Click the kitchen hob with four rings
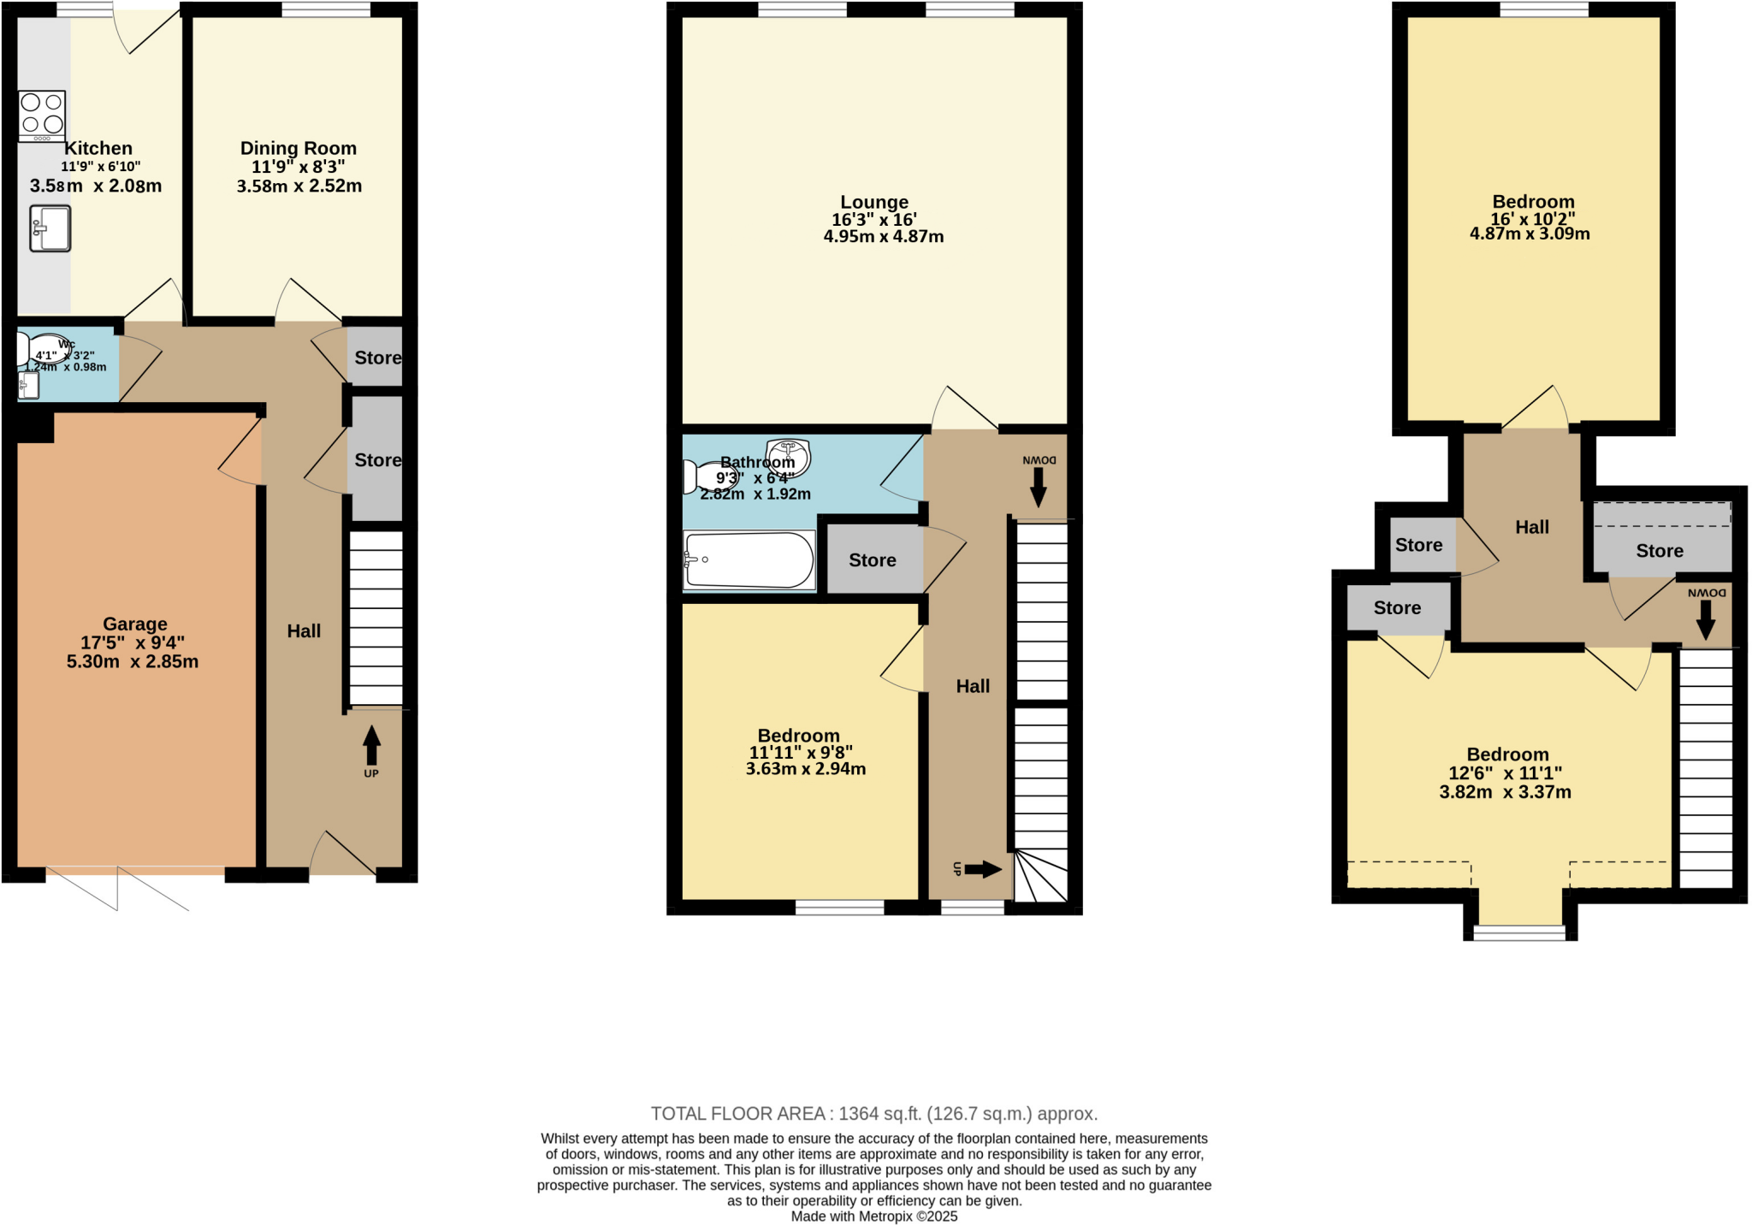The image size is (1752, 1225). coord(42,115)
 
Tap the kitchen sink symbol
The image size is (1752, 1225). coord(50,228)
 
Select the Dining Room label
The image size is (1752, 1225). coord(298,148)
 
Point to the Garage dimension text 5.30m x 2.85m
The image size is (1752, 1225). coord(133,661)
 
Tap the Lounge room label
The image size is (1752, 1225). coord(873,202)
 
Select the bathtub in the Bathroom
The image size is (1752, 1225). coord(749,560)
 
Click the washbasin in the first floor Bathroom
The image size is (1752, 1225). coord(787,453)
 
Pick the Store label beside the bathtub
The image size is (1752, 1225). coord(872,560)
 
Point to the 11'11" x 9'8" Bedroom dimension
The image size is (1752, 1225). coord(801,752)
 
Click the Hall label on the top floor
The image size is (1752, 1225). coord(1531,527)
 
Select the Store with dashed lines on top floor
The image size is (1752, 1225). coord(1660,539)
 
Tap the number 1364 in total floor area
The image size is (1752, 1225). coord(858,1114)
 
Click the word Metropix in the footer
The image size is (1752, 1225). coord(884,1216)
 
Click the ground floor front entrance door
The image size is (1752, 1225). coord(342,855)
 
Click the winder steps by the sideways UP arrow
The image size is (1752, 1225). coord(1041,877)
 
